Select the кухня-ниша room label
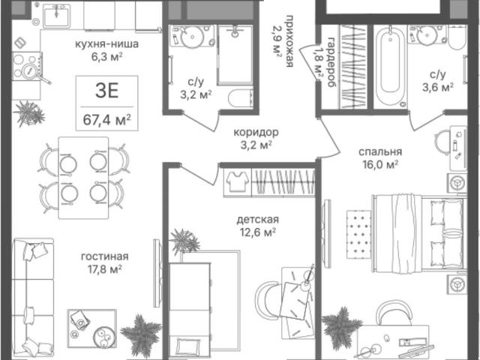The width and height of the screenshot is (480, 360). [x=106, y=44]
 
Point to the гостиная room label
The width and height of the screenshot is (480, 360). [x=105, y=256]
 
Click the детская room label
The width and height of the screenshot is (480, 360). [x=258, y=220]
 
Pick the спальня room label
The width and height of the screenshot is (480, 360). [x=380, y=151]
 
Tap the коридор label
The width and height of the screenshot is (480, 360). [x=256, y=133]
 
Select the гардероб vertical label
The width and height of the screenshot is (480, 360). [x=331, y=62]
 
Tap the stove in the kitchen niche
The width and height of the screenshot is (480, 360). [x=27, y=67]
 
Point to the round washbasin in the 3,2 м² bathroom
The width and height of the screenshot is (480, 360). [x=192, y=37]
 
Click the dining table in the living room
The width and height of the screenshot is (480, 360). [x=83, y=178]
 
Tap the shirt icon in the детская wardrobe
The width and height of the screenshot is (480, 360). [x=237, y=181]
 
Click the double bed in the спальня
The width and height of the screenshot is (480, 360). [x=419, y=232]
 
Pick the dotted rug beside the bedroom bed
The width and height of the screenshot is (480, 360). [x=358, y=235]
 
